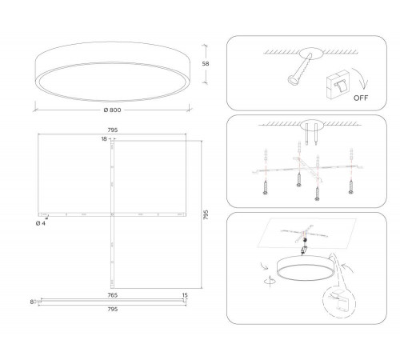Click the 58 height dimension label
(x=206, y=64)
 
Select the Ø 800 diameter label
(x=112, y=110)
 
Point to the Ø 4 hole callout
(x=41, y=223)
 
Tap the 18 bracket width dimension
(x=104, y=138)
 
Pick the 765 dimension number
(x=113, y=295)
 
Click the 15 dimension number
(x=185, y=295)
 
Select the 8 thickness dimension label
(x=32, y=302)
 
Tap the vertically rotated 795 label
(x=206, y=214)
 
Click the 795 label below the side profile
(x=113, y=309)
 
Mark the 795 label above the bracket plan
(x=113, y=130)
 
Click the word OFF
(x=361, y=98)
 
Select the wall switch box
(x=338, y=85)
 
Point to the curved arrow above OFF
(x=362, y=78)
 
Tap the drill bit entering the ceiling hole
(x=299, y=70)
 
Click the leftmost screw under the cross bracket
(x=266, y=187)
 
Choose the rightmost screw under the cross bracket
(x=351, y=186)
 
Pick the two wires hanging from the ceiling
(x=311, y=134)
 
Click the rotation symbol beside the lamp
(x=270, y=281)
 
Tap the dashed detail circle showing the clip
(x=339, y=302)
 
